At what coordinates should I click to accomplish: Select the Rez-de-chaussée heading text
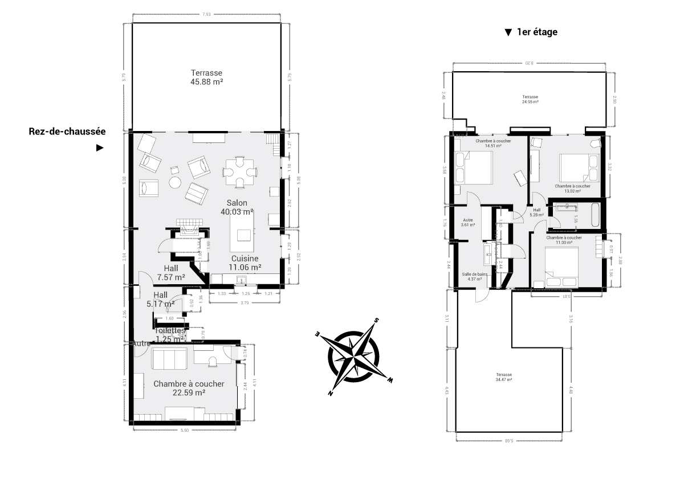(x=67, y=131)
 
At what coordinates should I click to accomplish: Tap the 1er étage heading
(x=536, y=32)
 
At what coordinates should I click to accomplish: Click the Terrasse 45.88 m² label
(x=206, y=77)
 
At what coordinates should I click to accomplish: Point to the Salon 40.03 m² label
(x=237, y=207)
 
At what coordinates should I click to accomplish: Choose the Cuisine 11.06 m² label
(x=245, y=263)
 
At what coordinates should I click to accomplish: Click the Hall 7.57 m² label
(x=171, y=273)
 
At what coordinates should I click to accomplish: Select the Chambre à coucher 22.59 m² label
(x=189, y=388)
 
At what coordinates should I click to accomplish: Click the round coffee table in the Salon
(x=174, y=182)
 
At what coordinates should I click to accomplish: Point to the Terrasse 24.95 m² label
(x=530, y=99)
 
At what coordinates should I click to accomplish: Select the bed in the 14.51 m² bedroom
(x=474, y=167)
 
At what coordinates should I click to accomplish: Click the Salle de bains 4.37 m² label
(x=474, y=276)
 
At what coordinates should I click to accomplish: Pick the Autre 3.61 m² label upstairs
(x=467, y=222)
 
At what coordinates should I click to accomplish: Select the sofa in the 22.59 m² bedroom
(x=169, y=359)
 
